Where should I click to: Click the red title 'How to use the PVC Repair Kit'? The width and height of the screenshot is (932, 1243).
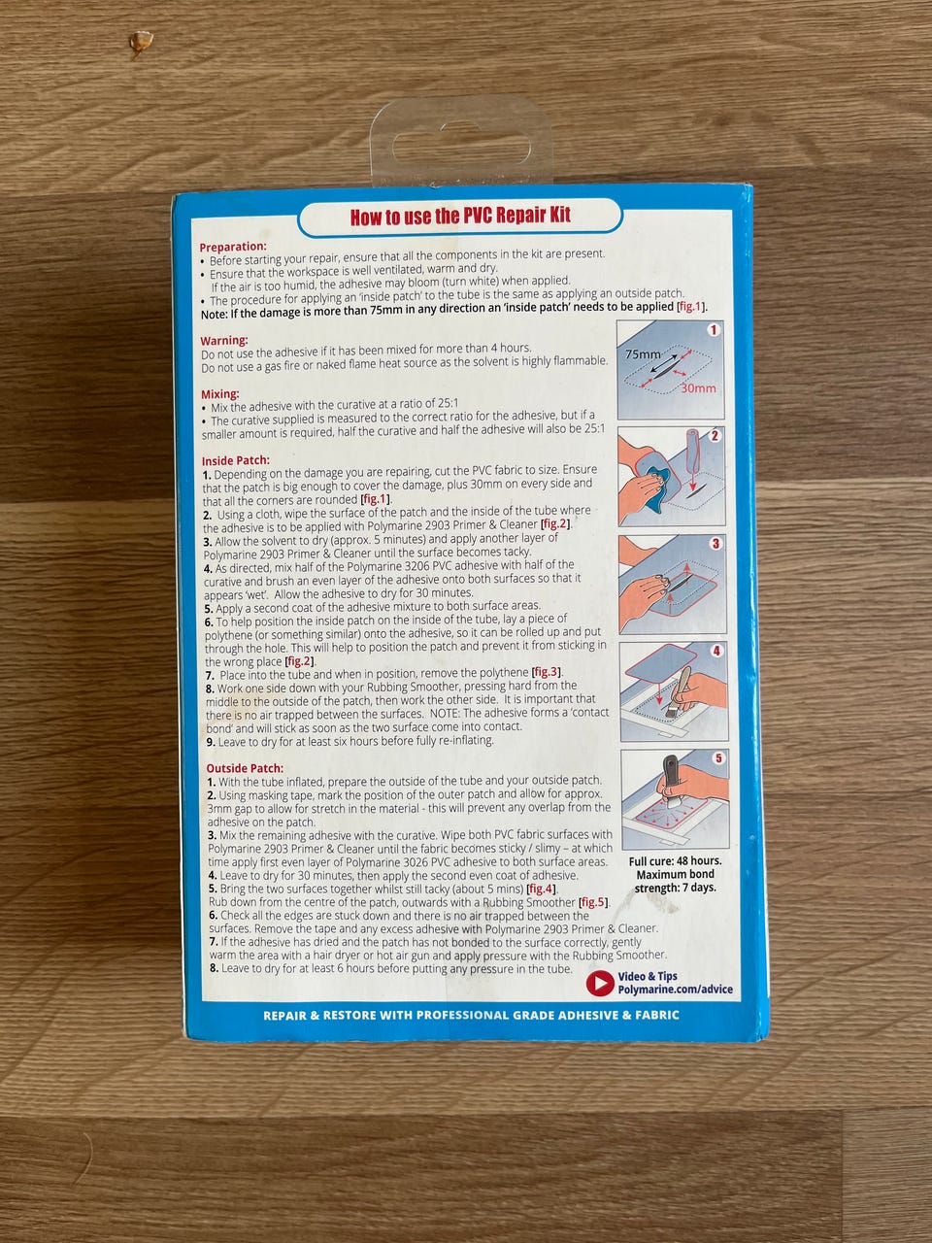tap(460, 216)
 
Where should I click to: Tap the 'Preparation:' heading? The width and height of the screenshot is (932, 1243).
tap(233, 247)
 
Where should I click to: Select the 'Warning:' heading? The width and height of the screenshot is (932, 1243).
tap(224, 340)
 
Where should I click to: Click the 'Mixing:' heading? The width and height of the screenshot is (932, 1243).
tap(220, 393)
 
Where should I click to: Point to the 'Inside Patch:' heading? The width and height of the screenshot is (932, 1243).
tap(236, 460)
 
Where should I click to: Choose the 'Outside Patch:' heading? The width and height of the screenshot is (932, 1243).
tap(245, 768)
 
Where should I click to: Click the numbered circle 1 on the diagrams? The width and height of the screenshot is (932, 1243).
tap(713, 329)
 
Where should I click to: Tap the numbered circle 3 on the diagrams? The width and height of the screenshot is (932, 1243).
tap(716, 544)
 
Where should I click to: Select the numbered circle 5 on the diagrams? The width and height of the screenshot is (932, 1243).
tap(718, 758)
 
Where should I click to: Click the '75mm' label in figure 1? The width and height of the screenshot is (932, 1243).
tap(643, 354)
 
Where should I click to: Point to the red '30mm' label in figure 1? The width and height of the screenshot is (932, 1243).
tap(698, 388)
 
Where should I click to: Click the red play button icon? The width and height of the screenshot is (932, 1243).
tap(600, 983)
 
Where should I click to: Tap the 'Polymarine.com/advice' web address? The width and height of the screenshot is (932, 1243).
tap(675, 990)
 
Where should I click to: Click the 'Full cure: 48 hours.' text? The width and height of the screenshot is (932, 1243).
tap(675, 861)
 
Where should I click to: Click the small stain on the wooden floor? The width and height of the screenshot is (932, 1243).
tap(141, 43)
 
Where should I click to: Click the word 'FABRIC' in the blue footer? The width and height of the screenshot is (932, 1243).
tap(657, 1015)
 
